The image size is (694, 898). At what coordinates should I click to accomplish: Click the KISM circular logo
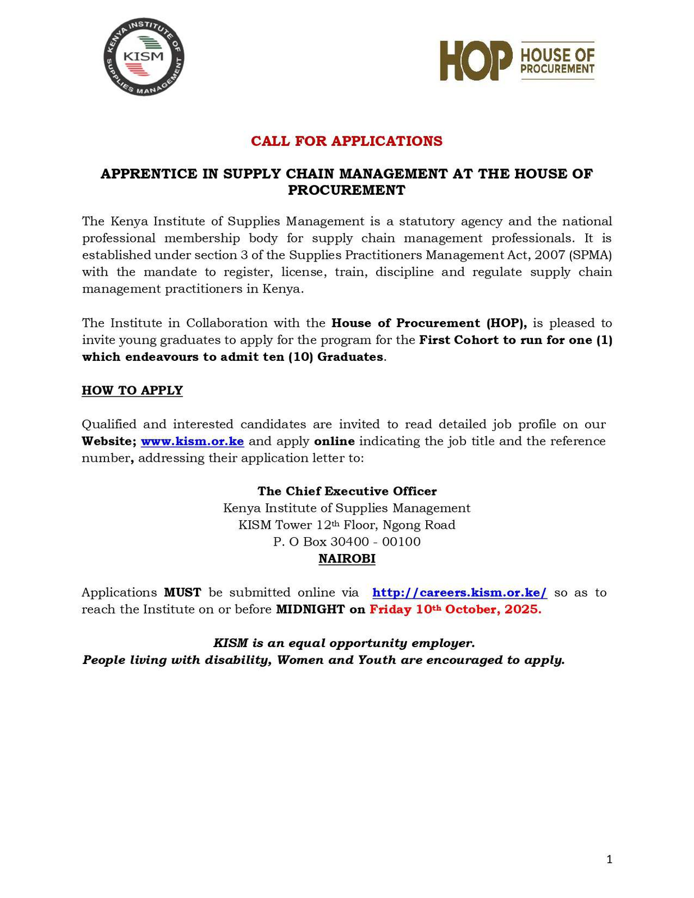coord(144,57)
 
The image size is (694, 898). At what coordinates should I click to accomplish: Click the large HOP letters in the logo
coord(476,61)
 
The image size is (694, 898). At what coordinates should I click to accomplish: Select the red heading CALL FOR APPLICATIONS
coord(346,141)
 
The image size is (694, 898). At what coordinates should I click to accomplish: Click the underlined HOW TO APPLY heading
coord(133,390)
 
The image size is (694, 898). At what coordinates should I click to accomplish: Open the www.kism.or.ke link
coord(192,441)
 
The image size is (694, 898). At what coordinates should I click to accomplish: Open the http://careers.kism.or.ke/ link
coord(459,593)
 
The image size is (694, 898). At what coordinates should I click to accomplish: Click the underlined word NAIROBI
coord(346,559)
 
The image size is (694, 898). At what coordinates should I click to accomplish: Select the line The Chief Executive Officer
coord(346,491)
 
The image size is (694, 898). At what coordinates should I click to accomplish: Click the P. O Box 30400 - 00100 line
coord(346,542)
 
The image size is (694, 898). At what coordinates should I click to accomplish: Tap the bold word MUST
coord(182,593)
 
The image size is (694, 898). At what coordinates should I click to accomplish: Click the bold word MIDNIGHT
coord(310,610)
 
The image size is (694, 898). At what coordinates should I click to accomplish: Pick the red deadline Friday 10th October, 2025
coord(455,610)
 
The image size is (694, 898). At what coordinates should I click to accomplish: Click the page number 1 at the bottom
coord(609,859)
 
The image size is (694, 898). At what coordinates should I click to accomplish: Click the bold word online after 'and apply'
coord(334,441)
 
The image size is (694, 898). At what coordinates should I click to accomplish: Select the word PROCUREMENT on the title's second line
coord(346,190)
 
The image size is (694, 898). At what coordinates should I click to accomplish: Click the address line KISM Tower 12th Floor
coord(346,525)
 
